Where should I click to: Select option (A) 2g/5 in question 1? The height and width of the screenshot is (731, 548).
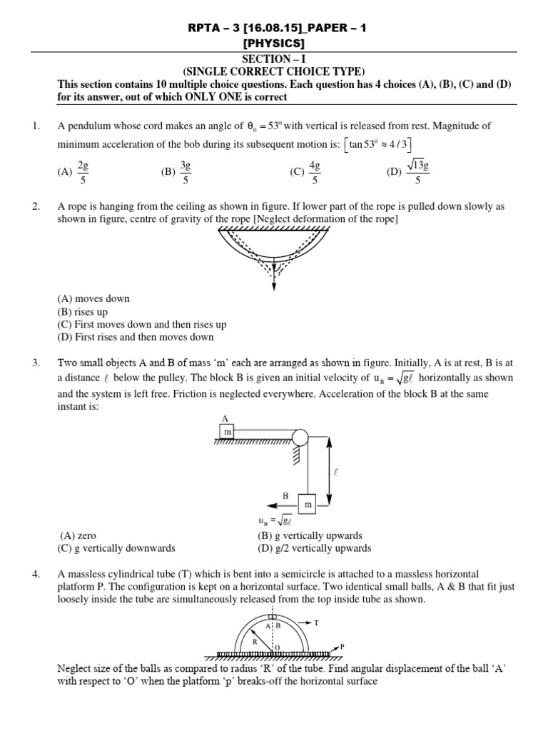point(73,171)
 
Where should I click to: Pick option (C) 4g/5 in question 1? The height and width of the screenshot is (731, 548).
point(305,171)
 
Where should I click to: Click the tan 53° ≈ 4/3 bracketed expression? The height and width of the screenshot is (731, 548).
point(380,146)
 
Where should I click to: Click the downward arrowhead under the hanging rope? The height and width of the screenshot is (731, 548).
point(273,287)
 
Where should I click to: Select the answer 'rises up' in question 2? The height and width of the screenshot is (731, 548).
point(77,311)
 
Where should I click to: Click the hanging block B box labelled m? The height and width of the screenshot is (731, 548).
point(308,505)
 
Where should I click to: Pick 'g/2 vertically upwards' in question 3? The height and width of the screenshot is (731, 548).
point(314,548)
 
